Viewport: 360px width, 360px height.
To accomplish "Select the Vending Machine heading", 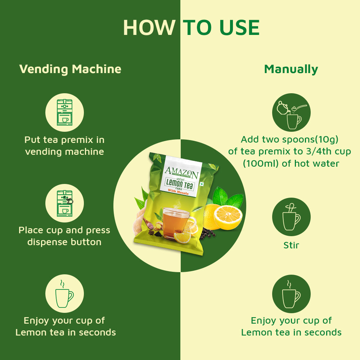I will click(70, 69).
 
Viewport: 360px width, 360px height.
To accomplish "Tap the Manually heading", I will click(291, 69).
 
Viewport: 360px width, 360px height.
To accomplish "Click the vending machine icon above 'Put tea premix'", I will click(64, 112).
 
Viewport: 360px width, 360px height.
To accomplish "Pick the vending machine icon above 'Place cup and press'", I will click(64, 203).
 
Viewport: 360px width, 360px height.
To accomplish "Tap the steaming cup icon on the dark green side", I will click(64, 293).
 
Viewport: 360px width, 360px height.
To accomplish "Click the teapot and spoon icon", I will click(291, 112).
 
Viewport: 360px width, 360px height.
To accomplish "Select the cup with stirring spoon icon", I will click(291, 217).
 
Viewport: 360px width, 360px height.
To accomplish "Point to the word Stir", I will click(291, 246).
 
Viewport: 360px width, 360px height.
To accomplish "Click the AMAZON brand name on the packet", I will click(181, 172).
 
